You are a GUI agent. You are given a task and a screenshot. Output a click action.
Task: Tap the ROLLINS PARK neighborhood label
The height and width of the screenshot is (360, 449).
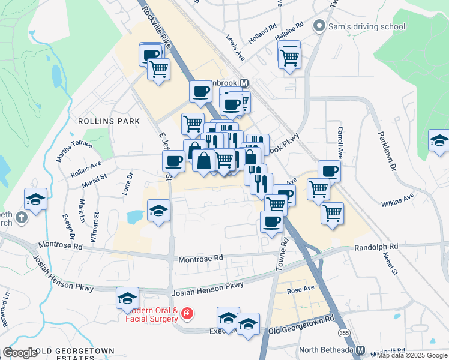point(109,121)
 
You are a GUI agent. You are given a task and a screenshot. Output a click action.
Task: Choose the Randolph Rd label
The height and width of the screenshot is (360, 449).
point(376,247)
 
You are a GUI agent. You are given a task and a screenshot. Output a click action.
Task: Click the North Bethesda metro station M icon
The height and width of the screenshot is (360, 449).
point(360,350)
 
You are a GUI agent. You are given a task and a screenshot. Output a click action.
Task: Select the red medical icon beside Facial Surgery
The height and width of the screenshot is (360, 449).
point(187,313)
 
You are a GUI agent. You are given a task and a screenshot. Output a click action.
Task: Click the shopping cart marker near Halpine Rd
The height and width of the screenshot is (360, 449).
point(289,57)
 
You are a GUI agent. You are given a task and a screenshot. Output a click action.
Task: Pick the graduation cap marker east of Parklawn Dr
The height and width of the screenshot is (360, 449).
point(439,142)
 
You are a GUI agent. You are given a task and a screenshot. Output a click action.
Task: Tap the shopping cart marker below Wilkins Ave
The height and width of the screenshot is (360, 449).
point(332,213)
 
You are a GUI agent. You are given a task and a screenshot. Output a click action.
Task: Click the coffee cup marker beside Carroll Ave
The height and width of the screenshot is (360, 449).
point(329,171)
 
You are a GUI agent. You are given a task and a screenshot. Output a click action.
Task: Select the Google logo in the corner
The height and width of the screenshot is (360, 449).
point(20,352)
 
